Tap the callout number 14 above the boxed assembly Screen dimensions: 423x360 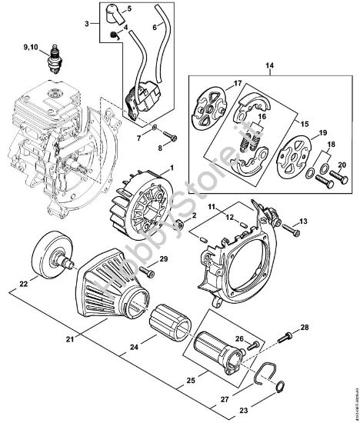click(x=268, y=67)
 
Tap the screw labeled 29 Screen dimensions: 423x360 click(x=145, y=269)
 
